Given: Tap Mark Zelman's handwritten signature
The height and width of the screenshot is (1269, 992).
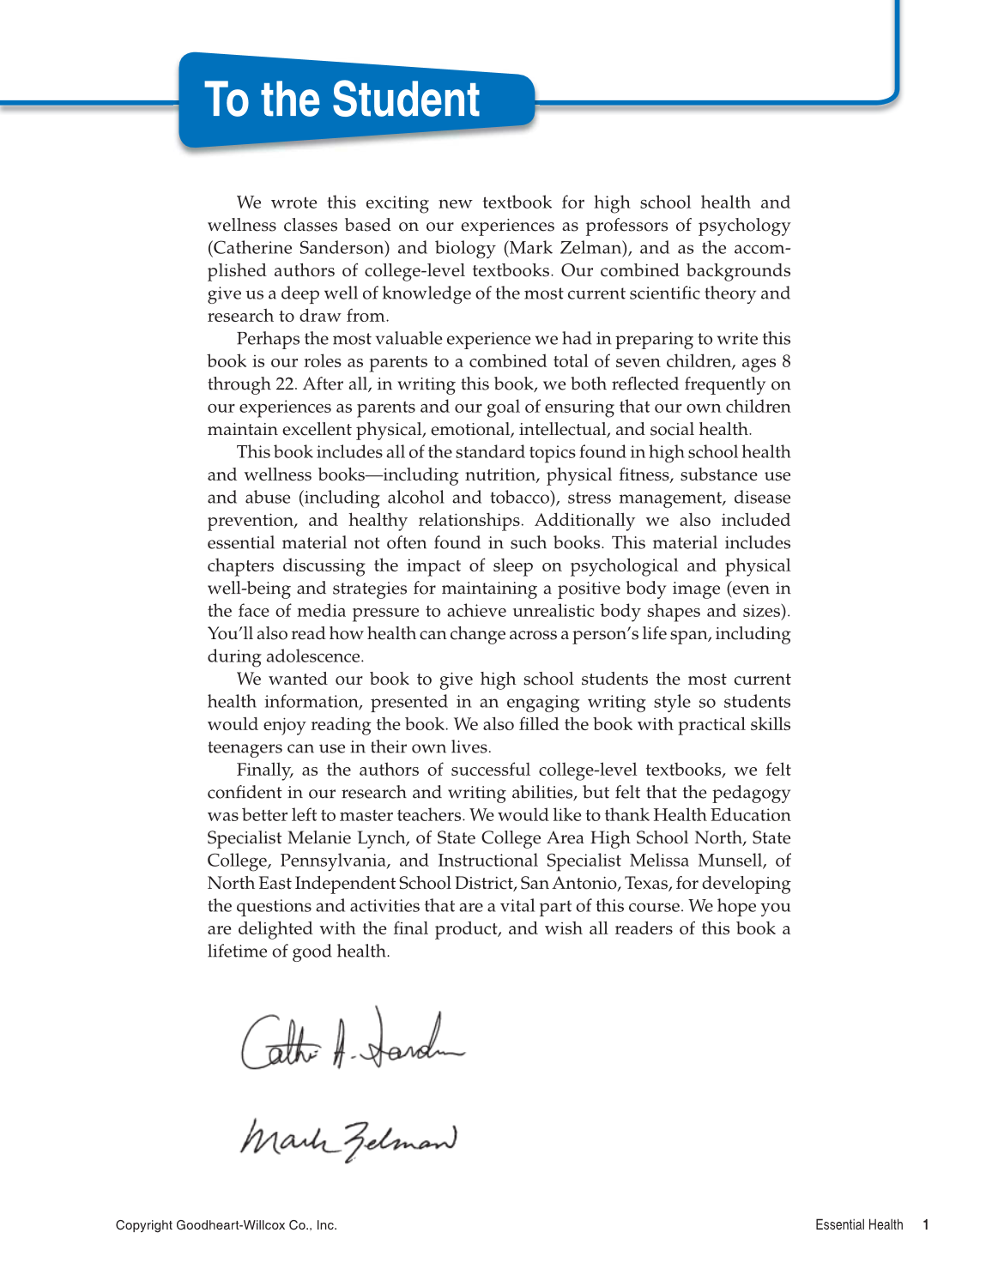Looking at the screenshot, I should pyautogui.click(x=348, y=1139).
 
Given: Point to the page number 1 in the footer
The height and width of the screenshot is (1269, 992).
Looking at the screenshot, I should pyautogui.click(x=926, y=1225).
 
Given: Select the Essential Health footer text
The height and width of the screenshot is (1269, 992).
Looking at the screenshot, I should pyautogui.click(x=859, y=1225).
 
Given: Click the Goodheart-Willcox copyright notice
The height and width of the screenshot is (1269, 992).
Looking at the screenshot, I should pyautogui.click(x=227, y=1225).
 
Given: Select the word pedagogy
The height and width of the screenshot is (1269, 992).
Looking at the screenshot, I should pyautogui.click(x=752, y=793).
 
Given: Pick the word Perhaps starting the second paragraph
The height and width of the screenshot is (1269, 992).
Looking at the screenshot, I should pyautogui.click(x=269, y=339).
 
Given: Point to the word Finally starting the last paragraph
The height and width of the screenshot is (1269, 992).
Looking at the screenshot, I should pyautogui.click(x=265, y=770).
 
